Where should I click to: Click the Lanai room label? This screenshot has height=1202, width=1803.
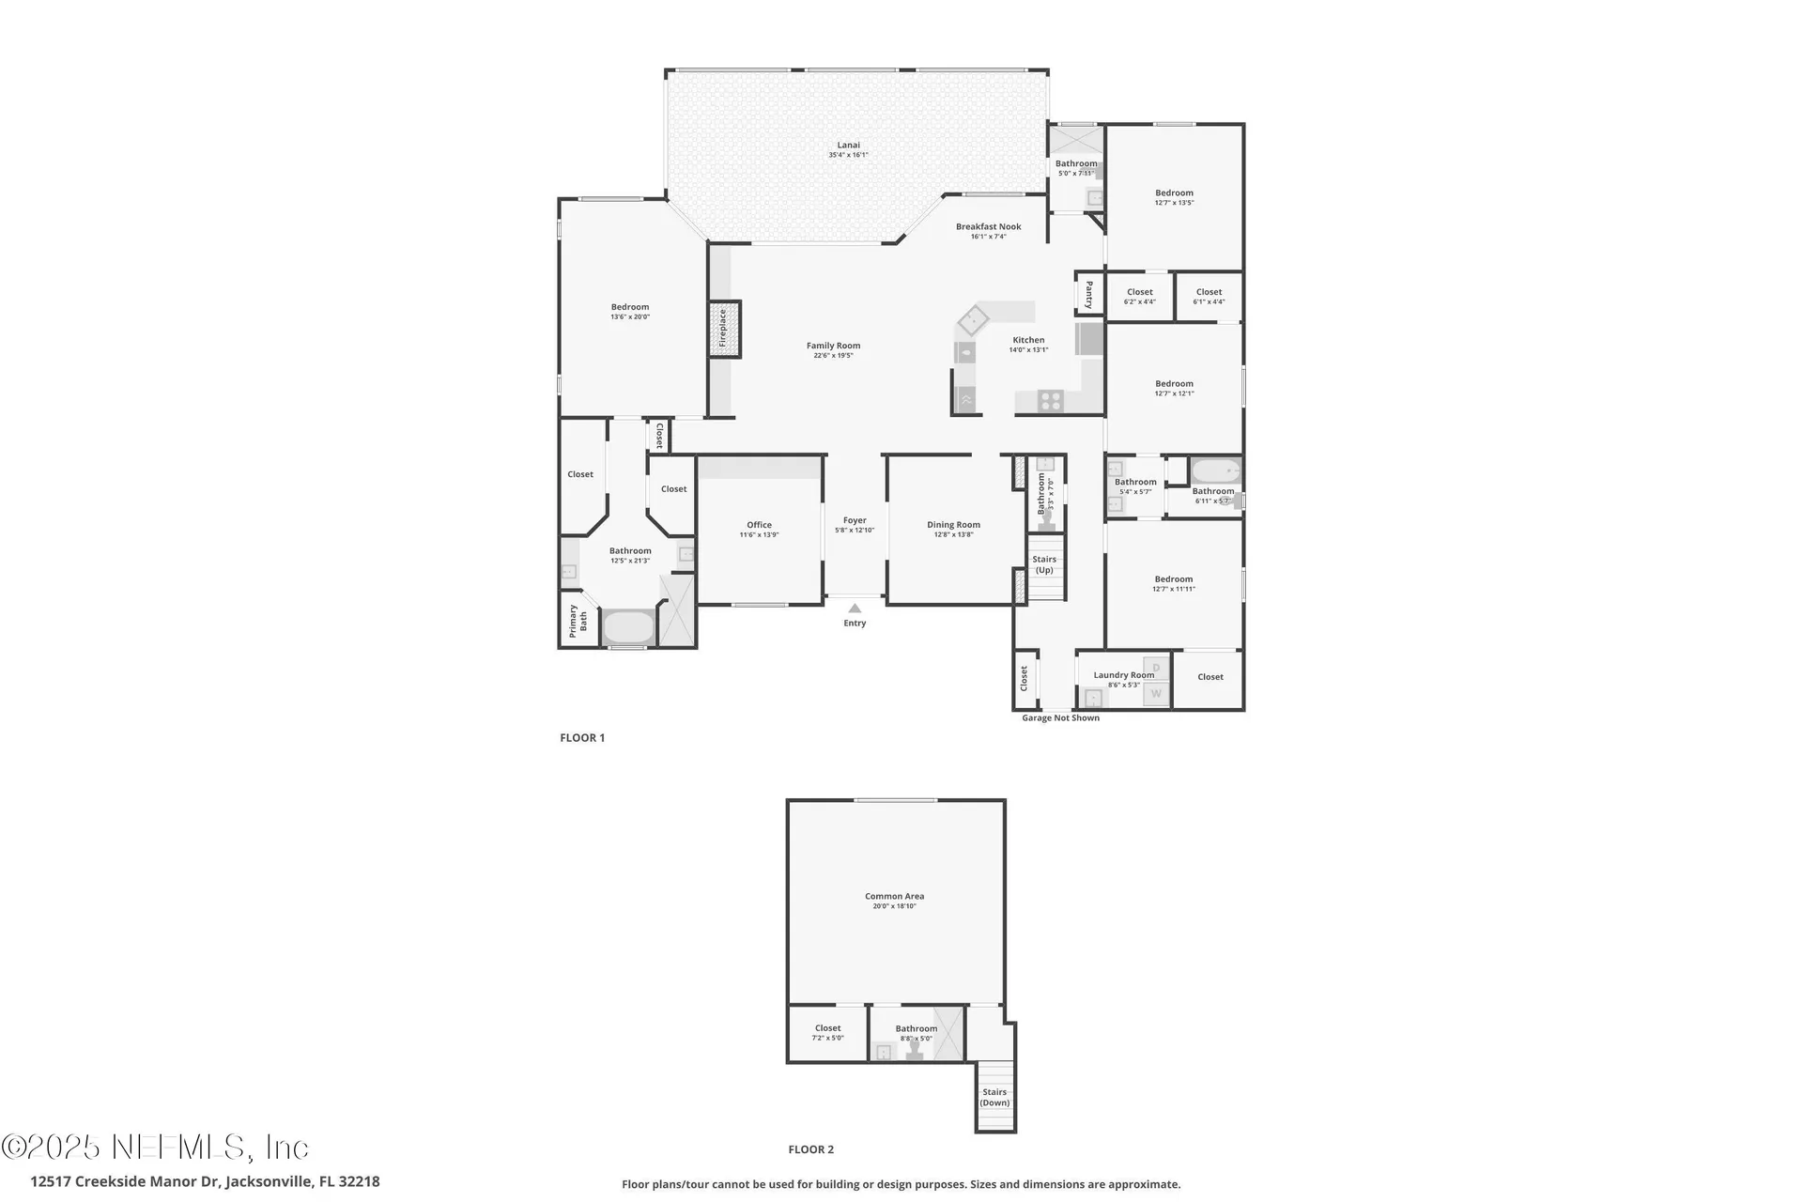pyautogui.click(x=848, y=146)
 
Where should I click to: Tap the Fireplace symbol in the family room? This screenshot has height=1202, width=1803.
pyautogui.click(x=724, y=329)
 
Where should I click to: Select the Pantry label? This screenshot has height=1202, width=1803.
pyautogui.click(x=1089, y=294)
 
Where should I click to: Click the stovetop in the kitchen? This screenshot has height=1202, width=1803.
pyautogui.click(x=1050, y=401)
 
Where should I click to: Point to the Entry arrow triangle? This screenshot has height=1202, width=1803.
pyautogui.click(x=855, y=609)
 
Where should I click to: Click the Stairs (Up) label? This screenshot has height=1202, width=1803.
pyautogui.click(x=1044, y=564)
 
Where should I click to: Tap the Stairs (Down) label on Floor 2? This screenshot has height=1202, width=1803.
pyautogui.click(x=994, y=1097)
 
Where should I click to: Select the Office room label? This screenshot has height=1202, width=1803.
pyautogui.click(x=759, y=525)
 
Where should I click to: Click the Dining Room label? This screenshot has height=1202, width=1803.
pyautogui.click(x=953, y=525)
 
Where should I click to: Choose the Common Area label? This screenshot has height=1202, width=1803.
pyautogui.click(x=894, y=896)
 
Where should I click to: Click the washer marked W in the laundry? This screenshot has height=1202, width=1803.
pyautogui.click(x=1156, y=694)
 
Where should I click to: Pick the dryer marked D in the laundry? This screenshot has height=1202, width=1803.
pyautogui.click(x=1156, y=668)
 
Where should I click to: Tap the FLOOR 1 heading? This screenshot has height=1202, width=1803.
pyautogui.click(x=582, y=738)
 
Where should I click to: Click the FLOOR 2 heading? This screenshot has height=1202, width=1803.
pyautogui.click(x=810, y=1149)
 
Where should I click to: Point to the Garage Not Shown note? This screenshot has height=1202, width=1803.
pyautogui.click(x=1060, y=718)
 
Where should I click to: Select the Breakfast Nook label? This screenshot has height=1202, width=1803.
pyautogui.click(x=988, y=226)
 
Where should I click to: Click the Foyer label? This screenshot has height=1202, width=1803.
pyautogui.click(x=855, y=520)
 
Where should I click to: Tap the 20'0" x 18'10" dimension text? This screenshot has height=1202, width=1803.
pyautogui.click(x=894, y=906)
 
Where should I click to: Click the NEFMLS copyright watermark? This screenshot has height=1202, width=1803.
pyautogui.click(x=155, y=1148)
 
